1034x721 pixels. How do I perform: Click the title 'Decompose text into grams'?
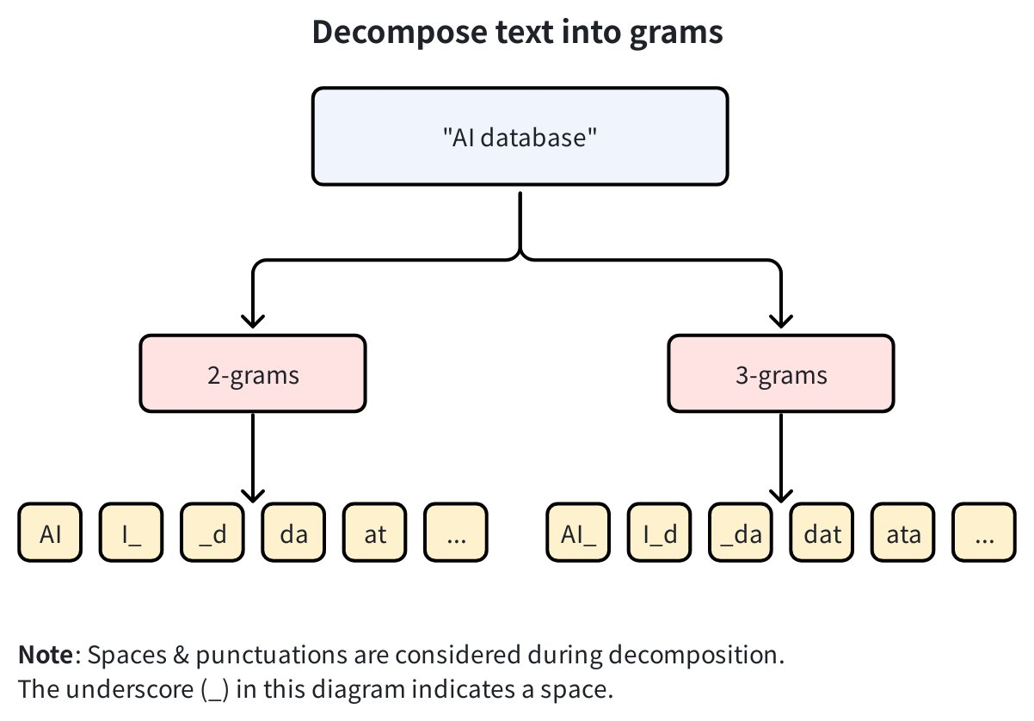click(x=517, y=33)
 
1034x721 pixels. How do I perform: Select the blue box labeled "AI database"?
click(x=520, y=137)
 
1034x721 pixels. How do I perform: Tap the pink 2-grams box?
click(x=253, y=374)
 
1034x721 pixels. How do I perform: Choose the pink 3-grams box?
click(x=781, y=374)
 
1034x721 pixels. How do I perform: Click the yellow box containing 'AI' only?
click(x=51, y=534)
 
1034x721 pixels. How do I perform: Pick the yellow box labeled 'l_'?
click(x=132, y=534)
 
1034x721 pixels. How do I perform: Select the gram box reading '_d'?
click(x=212, y=534)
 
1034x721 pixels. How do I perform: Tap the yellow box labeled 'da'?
click(x=293, y=534)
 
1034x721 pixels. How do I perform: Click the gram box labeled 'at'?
click(x=375, y=534)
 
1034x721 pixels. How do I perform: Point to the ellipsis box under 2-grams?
click(x=456, y=534)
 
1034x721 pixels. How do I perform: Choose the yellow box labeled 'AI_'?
click(x=579, y=534)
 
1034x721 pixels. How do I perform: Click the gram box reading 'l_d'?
click(x=660, y=534)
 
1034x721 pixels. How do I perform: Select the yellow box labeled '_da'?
click(x=741, y=534)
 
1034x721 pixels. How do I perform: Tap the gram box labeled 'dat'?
click(x=822, y=534)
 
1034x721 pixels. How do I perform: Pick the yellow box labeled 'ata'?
click(x=903, y=534)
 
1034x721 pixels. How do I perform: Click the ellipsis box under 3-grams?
click(x=984, y=534)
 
